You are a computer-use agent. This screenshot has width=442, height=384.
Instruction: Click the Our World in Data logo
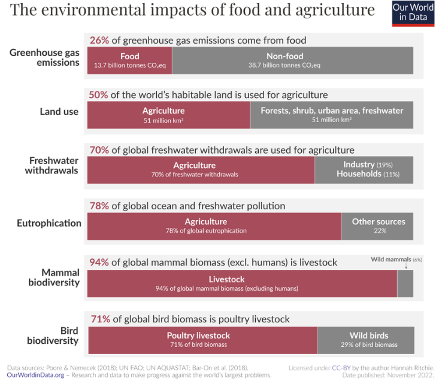(413, 13)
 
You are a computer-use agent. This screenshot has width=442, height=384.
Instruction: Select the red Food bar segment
(129, 60)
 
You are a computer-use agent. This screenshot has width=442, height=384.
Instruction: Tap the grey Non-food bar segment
(292, 60)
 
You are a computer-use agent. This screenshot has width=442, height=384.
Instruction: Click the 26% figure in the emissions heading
(99, 41)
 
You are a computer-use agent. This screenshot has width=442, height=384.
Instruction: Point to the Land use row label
(59, 111)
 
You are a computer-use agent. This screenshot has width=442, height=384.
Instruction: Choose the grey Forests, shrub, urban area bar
(331, 115)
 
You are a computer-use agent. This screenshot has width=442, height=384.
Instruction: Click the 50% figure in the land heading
(99, 95)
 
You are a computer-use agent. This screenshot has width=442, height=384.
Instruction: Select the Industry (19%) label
(368, 164)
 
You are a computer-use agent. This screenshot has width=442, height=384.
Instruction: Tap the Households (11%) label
(368, 174)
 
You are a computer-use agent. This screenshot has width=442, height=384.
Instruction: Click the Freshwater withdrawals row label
(54, 166)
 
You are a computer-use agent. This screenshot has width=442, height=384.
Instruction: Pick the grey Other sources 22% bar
(377, 225)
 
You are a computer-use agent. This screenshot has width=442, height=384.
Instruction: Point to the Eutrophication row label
(49, 223)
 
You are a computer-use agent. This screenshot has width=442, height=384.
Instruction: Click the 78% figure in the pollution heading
(99, 206)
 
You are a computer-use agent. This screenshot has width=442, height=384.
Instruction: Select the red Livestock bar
(242, 284)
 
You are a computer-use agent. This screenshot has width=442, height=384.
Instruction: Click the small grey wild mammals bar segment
(405, 284)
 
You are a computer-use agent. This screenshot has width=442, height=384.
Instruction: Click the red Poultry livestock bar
(202, 340)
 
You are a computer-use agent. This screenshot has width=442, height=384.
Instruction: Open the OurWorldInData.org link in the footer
(35, 375)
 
